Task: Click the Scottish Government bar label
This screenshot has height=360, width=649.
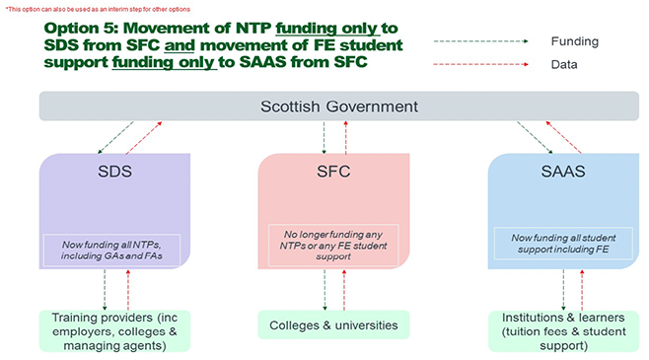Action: pyautogui.click(x=339, y=107)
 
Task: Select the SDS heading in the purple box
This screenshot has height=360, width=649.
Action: pyautogui.click(x=114, y=172)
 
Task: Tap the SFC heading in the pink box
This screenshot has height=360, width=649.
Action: pyautogui.click(x=333, y=172)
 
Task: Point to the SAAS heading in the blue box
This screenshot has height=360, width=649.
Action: pyautogui.click(x=563, y=172)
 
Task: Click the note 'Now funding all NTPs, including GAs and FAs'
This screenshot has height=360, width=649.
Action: pyautogui.click(x=111, y=251)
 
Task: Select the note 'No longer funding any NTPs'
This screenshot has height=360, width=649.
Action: pyautogui.click(x=333, y=246)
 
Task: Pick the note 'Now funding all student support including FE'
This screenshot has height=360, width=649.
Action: pyautogui.click(x=563, y=244)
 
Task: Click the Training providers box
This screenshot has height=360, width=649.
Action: pyautogui.click(x=114, y=331)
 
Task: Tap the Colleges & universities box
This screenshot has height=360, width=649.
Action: pyautogui.click(x=333, y=325)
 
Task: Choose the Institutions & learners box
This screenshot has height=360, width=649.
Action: pyautogui.click(x=563, y=331)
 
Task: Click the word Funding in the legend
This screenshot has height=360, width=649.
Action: pyautogui.click(x=574, y=41)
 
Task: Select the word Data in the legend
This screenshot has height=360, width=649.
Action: pyautogui.click(x=564, y=64)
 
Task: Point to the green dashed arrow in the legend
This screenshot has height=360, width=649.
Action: pyautogui.click(x=481, y=41)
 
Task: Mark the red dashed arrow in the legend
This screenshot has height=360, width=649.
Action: pyautogui.click(x=481, y=64)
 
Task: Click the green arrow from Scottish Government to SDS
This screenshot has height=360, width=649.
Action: pyautogui.click(x=115, y=138)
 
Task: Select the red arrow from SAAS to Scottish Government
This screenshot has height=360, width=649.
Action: pyautogui.click(x=563, y=137)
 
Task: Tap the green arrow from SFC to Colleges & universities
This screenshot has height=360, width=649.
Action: pyautogui.click(x=324, y=290)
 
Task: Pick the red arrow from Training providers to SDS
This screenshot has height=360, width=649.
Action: pyautogui.click(x=128, y=290)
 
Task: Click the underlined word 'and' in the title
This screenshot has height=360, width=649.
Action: pyautogui.click(x=180, y=45)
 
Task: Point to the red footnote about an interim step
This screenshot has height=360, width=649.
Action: pyautogui.click(x=98, y=9)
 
